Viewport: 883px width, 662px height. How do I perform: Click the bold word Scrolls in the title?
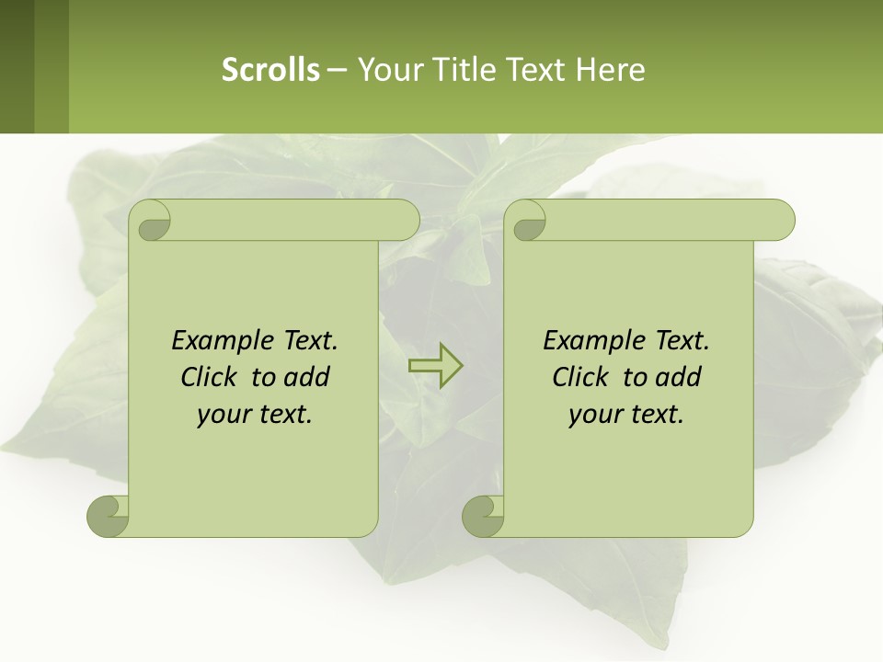270,69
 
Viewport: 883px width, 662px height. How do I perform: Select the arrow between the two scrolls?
435,366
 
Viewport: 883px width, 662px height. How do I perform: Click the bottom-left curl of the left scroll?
108,515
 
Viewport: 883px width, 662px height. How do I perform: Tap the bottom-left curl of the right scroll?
483,515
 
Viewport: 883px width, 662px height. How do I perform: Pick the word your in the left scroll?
224,415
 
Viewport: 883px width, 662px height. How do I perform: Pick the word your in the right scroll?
595,415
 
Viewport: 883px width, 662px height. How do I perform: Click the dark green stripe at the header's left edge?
17,66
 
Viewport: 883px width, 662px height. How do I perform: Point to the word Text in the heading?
534,69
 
